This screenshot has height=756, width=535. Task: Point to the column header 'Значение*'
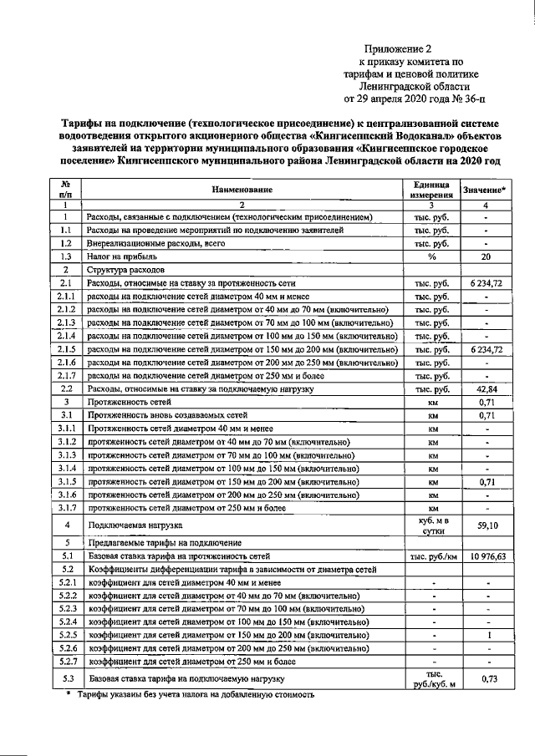[485, 190]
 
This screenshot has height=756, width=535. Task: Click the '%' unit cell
[431, 257]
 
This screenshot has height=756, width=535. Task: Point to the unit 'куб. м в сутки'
[431, 527]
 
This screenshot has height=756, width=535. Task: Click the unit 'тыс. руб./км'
[431, 556]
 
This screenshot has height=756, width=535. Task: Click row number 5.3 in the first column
[64, 679]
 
